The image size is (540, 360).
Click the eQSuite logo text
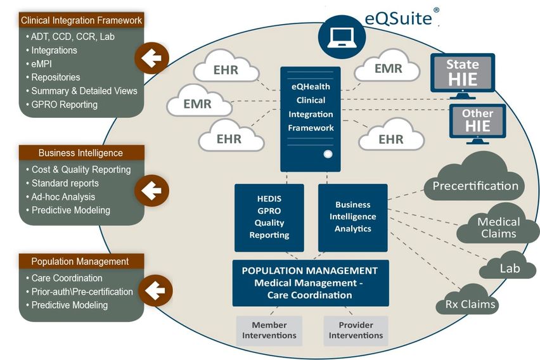point(398,17)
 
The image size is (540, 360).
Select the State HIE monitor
point(461,74)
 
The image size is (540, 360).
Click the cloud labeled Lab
point(509,267)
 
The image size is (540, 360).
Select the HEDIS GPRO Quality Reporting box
point(269,217)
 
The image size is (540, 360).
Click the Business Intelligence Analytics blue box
point(352,217)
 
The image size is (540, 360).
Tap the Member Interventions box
point(269,330)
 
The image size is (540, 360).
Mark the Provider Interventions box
point(356,330)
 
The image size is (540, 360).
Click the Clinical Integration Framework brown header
point(81,20)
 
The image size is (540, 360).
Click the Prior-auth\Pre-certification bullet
point(82,292)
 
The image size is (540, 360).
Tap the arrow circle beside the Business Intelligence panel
point(151,189)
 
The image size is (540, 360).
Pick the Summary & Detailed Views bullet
point(84,91)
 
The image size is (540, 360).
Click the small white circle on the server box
point(328,154)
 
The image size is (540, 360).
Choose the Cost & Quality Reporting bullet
point(81,170)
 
